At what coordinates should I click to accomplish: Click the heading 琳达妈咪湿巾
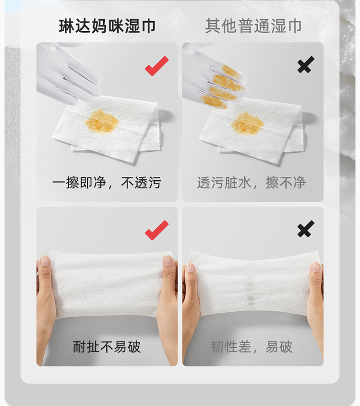click(107, 26)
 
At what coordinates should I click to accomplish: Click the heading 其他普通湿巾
click(253, 26)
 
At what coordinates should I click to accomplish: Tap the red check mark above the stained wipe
click(157, 66)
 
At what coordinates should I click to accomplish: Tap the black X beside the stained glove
click(306, 64)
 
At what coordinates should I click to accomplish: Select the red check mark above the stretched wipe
click(157, 230)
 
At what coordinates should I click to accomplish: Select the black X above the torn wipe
click(306, 229)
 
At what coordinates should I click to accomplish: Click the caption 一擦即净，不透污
click(107, 183)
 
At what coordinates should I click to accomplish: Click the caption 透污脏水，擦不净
click(252, 183)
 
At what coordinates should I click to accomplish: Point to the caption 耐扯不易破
click(107, 347)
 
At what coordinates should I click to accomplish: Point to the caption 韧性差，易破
click(252, 347)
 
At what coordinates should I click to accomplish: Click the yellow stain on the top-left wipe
click(102, 121)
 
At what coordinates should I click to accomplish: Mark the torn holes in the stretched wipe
click(251, 293)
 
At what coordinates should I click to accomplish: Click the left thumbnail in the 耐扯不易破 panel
click(45, 260)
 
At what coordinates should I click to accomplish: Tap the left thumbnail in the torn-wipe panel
click(191, 268)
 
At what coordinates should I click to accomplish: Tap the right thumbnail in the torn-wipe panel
click(316, 267)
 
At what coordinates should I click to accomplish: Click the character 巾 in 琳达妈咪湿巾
click(148, 26)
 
